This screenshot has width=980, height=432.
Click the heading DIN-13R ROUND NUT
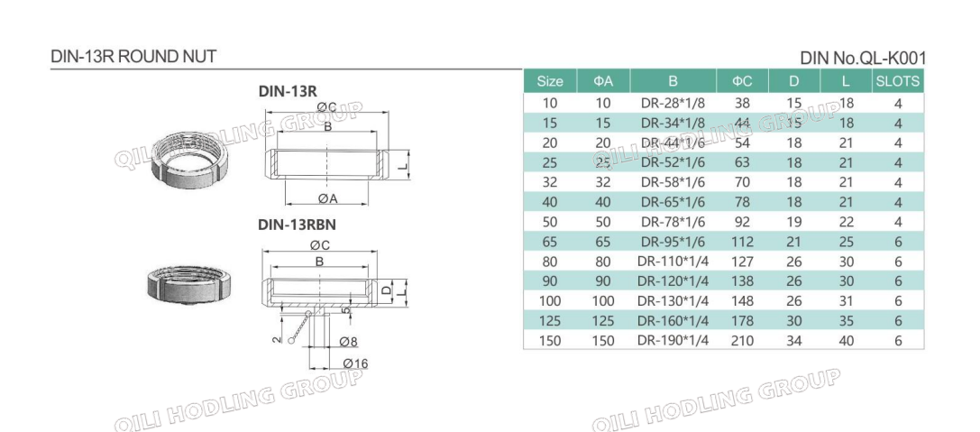[x=133, y=57]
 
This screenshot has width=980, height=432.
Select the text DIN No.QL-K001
[x=863, y=59]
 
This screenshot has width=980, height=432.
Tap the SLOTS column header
[x=897, y=81]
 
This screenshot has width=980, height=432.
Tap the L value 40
[x=846, y=340]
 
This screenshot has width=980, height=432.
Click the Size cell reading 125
[x=550, y=320]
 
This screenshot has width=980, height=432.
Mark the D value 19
[x=794, y=221]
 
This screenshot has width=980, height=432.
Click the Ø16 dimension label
[x=353, y=363]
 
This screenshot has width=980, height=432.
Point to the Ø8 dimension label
[x=349, y=341]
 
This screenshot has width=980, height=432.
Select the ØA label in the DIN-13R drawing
[x=327, y=198]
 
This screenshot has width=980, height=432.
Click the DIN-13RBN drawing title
[x=298, y=225]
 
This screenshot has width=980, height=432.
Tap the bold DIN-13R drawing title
[x=287, y=91]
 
